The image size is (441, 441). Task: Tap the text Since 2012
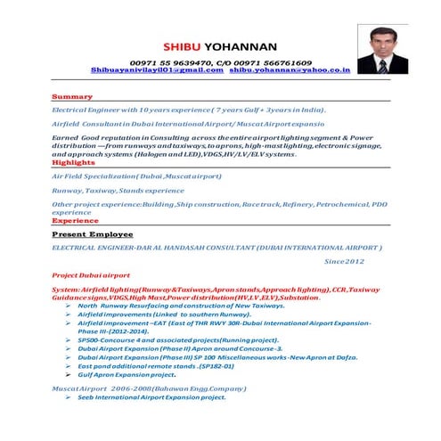(344, 261)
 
